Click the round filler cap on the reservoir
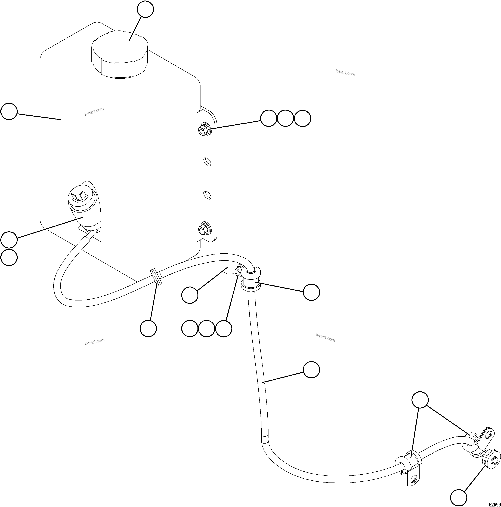pyautogui.click(x=119, y=54)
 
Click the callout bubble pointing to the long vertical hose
pyautogui.click(x=311, y=370)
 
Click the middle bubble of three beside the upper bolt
pyautogui.click(x=285, y=118)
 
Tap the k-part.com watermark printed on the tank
pyautogui.click(x=94, y=111)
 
